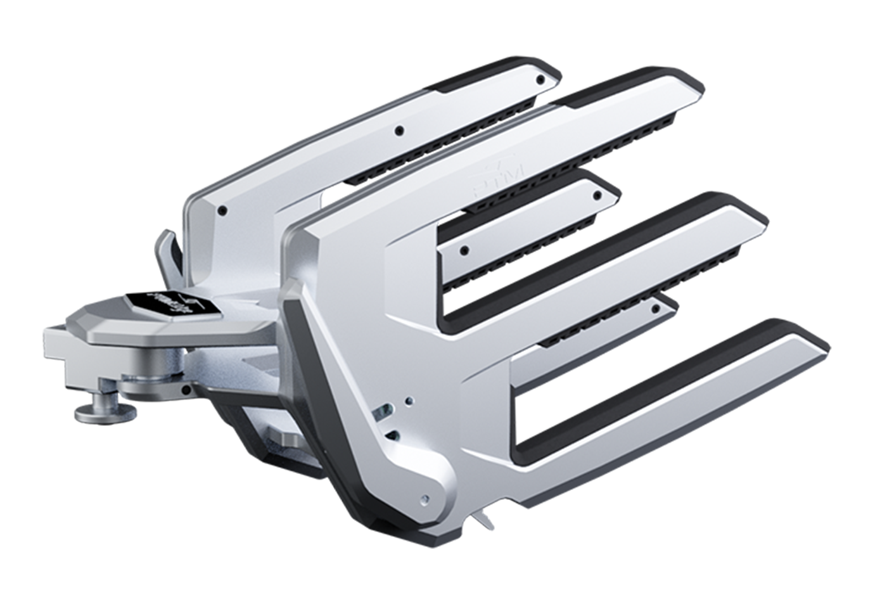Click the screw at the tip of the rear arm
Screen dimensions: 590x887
pos(540,80)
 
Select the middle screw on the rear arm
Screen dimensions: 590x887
pos(399,131)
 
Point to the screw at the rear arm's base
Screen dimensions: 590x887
pos(222,210)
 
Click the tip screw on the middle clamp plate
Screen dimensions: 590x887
pos(596,195)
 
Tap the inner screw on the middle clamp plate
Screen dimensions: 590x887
pos(464,250)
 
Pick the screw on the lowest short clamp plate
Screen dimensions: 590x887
pos(656,309)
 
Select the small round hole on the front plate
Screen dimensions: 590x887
pos(409,400)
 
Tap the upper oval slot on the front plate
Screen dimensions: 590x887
pos(382,413)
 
